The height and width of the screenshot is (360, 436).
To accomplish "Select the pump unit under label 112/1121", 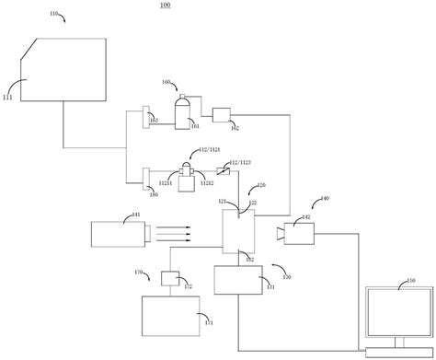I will (x=188, y=179).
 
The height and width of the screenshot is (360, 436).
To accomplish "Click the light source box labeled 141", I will (x=117, y=233).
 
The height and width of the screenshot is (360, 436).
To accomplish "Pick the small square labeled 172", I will (x=169, y=278).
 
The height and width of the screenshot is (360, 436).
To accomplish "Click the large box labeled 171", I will (x=172, y=317).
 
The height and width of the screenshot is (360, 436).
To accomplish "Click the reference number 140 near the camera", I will (x=324, y=198).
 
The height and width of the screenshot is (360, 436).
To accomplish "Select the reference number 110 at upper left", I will (x=55, y=15).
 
